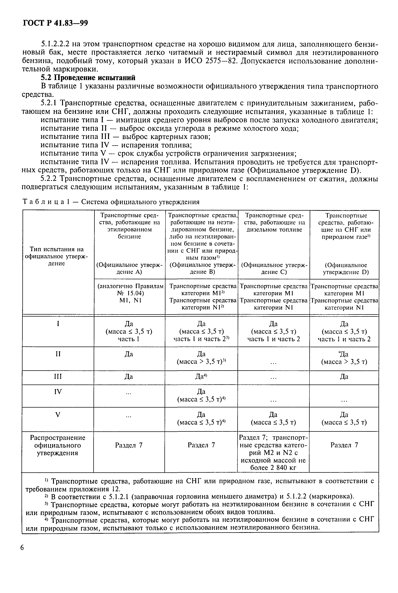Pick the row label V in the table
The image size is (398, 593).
(58, 415)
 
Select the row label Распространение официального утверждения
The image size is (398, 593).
(58, 445)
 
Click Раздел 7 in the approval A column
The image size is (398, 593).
(129, 445)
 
